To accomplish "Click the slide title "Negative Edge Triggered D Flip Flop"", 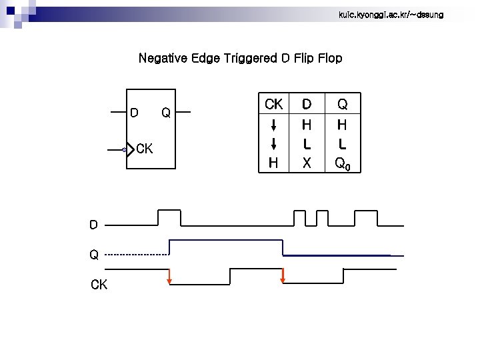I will [240, 59].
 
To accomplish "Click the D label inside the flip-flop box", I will [134, 113].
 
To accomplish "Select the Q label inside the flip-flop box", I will [166, 113].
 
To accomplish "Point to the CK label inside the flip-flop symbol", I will [145, 149].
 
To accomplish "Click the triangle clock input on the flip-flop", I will [127, 150].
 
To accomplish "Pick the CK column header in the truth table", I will [273, 104].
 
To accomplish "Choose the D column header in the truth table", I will [307, 104].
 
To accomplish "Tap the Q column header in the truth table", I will [342, 104].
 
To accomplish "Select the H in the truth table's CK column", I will [273, 163].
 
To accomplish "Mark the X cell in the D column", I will [307, 163].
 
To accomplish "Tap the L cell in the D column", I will [307, 143].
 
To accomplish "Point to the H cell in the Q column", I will [342, 124].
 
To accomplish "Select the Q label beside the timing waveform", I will [94, 254].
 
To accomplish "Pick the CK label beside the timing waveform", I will [99, 285].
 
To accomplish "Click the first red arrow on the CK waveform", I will [169, 276].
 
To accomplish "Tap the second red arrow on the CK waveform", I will [283, 276].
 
